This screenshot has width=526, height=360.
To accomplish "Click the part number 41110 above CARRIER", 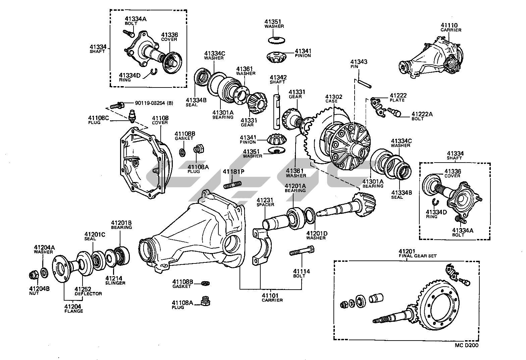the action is pos(449,25).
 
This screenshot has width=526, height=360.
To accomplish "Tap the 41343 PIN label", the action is pos(359,64).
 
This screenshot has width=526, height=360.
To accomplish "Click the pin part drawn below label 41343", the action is pos(364,84).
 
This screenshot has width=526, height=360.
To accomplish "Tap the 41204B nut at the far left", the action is pos(34,275).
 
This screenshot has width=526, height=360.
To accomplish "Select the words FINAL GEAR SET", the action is pos(418,256).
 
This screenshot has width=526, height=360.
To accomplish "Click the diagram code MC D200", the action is pos(466,345).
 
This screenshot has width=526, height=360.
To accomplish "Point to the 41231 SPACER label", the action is pos(265,202).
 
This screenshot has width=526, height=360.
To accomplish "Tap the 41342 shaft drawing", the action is pos(277,112).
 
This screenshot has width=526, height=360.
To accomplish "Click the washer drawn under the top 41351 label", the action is pos(277,40).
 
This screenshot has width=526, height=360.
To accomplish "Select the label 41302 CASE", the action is pos(333,99).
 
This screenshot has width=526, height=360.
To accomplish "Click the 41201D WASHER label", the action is pos(317,235).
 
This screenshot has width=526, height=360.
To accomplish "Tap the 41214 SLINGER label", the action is pos(115,281).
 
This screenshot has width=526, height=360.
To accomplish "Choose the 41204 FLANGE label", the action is pos(73,309).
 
